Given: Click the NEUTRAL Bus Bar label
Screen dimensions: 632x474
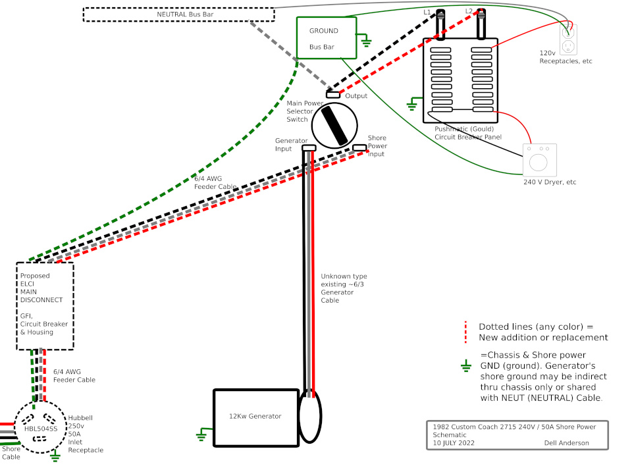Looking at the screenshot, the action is pyautogui.click(x=185, y=14).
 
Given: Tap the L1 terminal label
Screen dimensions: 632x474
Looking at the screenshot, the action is pyautogui.click(x=427, y=12).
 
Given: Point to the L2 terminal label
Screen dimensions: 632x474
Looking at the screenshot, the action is pyautogui.click(x=469, y=11).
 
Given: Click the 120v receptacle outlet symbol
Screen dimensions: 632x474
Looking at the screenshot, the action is pyautogui.click(x=568, y=39).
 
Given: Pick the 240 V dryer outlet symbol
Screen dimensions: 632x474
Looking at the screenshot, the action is pyautogui.click(x=539, y=159).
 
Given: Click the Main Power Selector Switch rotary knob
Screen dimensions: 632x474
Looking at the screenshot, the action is pyautogui.click(x=334, y=125).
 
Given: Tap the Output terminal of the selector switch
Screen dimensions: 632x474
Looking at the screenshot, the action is pyautogui.click(x=333, y=95).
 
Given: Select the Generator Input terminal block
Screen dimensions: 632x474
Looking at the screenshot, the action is pyautogui.click(x=309, y=148).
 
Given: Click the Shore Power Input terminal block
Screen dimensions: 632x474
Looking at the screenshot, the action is pyautogui.click(x=359, y=148).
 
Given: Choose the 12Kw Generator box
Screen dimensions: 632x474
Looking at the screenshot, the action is pyautogui.click(x=256, y=417).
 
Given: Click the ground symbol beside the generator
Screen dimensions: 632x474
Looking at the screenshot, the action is pyautogui.click(x=201, y=434).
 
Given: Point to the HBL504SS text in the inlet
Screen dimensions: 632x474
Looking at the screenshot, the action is pyautogui.click(x=41, y=429).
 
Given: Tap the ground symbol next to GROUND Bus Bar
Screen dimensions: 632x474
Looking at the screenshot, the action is pyautogui.click(x=366, y=41).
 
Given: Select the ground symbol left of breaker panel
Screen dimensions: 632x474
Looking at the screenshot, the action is pyautogui.click(x=411, y=105).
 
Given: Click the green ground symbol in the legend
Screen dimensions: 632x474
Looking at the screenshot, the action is pyautogui.click(x=466, y=366).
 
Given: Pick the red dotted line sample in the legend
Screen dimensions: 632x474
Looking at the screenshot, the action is pyautogui.click(x=465, y=332).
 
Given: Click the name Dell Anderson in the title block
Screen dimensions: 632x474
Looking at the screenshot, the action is pyautogui.click(x=566, y=443).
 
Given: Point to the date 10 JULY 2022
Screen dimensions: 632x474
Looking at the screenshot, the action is pyautogui.click(x=454, y=443).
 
